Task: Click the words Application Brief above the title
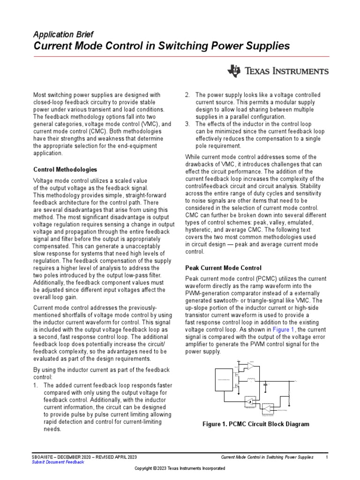click(x=63, y=34)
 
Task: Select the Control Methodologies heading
click(x=65, y=169)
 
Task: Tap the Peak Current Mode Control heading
click(x=224, y=268)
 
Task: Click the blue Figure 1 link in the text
click(x=280, y=330)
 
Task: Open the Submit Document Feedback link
click(x=58, y=462)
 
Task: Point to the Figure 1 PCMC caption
click(x=255, y=424)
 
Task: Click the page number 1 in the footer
click(x=326, y=457)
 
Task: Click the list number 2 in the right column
click(x=187, y=95)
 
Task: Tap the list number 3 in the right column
click(x=187, y=124)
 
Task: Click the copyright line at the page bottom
click(x=180, y=468)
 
